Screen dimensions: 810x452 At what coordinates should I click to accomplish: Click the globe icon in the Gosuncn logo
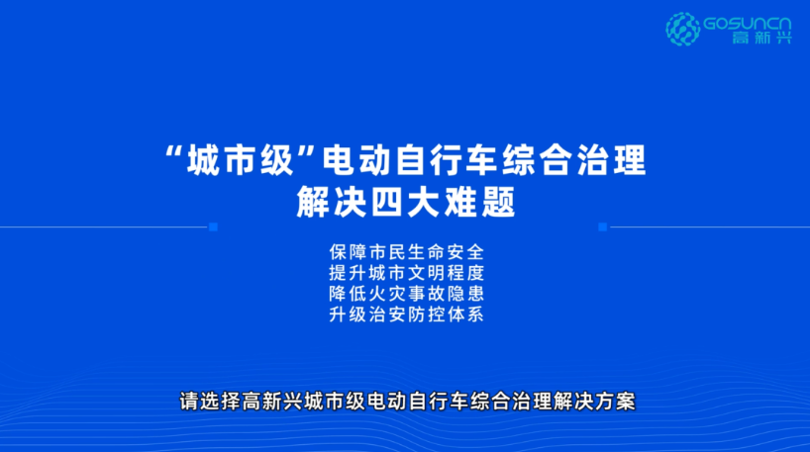pos(683,29)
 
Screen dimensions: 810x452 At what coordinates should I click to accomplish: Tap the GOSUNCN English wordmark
pos(748,24)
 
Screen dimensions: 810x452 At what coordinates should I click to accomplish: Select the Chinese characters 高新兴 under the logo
pos(761,38)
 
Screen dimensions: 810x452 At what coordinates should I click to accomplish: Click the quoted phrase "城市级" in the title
pos(241,160)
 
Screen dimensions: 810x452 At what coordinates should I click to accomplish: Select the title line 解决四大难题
pos(406,202)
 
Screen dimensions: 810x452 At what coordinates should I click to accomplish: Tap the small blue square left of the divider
pos(213,227)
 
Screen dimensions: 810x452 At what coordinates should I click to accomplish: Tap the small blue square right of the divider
pos(602,227)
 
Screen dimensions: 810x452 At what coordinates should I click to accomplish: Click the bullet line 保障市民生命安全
pos(407,252)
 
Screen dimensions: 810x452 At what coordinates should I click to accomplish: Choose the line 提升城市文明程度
pos(407,273)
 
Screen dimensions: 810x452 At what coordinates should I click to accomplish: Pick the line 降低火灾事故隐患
pos(407,294)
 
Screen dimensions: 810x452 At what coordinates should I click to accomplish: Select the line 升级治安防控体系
pos(407,315)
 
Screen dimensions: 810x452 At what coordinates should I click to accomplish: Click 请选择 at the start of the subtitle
pos(210,402)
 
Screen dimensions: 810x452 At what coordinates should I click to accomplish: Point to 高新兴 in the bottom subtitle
pos(272,402)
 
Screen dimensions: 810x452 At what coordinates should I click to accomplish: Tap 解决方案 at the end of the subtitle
pos(594,402)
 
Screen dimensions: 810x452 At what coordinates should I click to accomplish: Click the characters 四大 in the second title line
pos(407,202)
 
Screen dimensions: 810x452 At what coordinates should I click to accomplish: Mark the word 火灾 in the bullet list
pos(387,294)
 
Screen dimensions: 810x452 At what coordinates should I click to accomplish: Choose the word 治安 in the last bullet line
pos(387,315)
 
